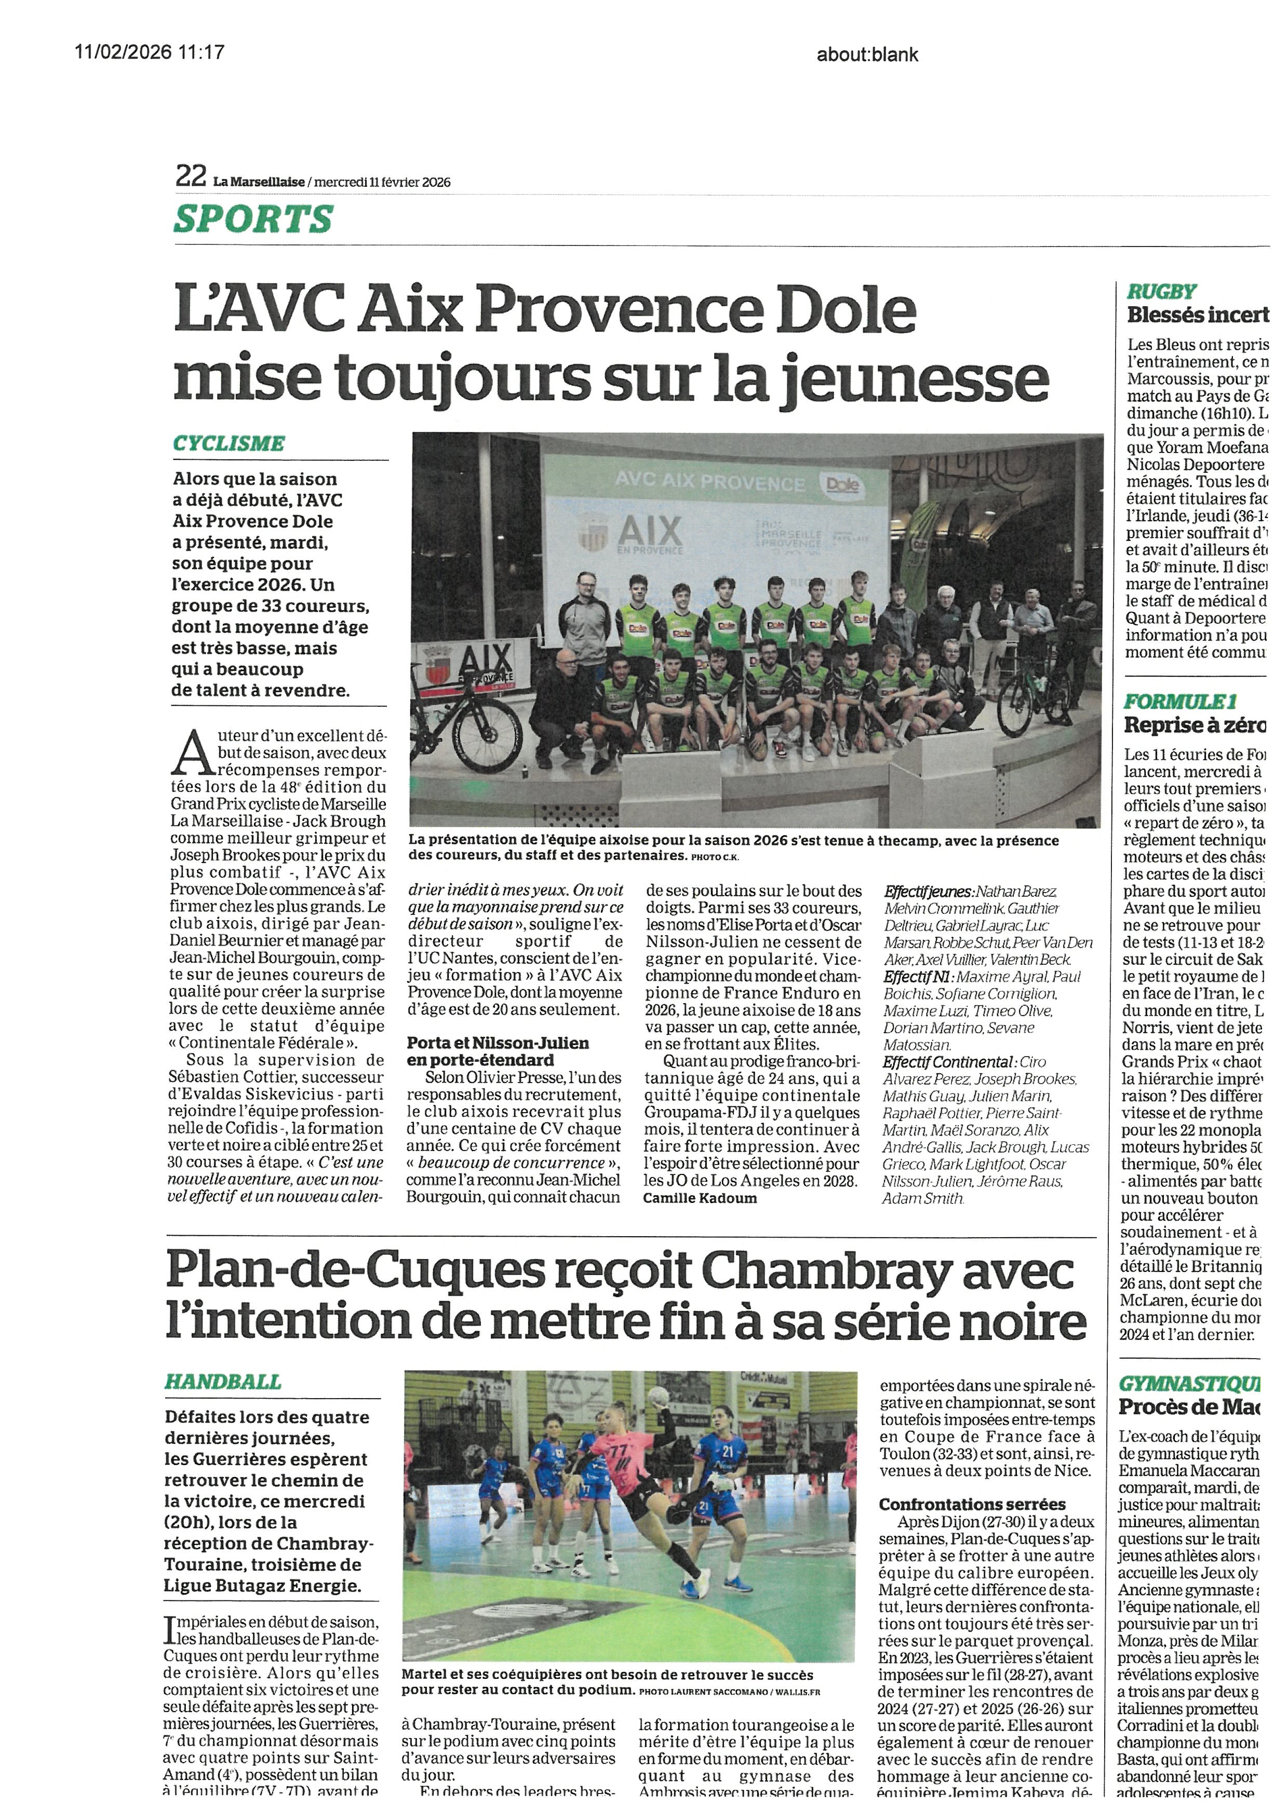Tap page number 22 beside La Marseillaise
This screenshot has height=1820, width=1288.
coord(191,176)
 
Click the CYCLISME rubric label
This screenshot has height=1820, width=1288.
coord(229,443)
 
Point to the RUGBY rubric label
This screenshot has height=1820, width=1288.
coord(1162,292)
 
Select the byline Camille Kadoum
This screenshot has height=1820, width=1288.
coord(700,1198)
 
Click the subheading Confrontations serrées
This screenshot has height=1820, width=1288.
coord(972,1504)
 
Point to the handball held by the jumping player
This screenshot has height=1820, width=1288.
coord(658,1397)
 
